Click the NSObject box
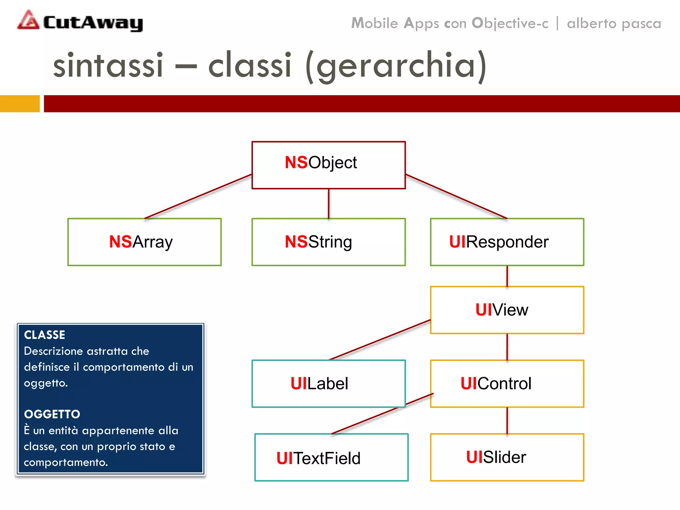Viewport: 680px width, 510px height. pyautogui.click(x=328, y=165)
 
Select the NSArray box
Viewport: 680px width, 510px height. pyautogui.click(x=144, y=242)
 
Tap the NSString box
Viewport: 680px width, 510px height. pyautogui.click(x=328, y=242)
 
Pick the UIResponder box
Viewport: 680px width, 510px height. pyautogui.click(x=507, y=242)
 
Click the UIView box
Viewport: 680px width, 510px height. pyautogui.click(x=507, y=310)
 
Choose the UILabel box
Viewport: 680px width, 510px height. pyautogui.click(x=328, y=383)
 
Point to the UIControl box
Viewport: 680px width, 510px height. pyautogui.click(x=507, y=383)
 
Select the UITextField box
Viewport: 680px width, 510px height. pyautogui.click(x=331, y=457)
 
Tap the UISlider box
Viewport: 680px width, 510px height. pyautogui.click(x=507, y=457)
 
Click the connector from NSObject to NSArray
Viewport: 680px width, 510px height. pyautogui.click(x=198, y=196)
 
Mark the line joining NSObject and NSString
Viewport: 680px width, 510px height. pyautogui.click(x=329, y=204)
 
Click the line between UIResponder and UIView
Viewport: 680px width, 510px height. pyautogui.click(x=507, y=276)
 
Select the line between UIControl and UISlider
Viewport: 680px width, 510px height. pyautogui.click(x=507, y=420)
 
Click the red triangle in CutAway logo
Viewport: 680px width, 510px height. pyautogui.click(x=29, y=21)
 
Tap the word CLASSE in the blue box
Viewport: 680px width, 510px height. pyautogui.click(x=44, y=335)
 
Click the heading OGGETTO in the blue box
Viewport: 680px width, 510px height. pyautogui.click(x=52, y=414)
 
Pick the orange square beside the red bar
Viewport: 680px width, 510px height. pyautogui.click(x=20, y=104)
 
